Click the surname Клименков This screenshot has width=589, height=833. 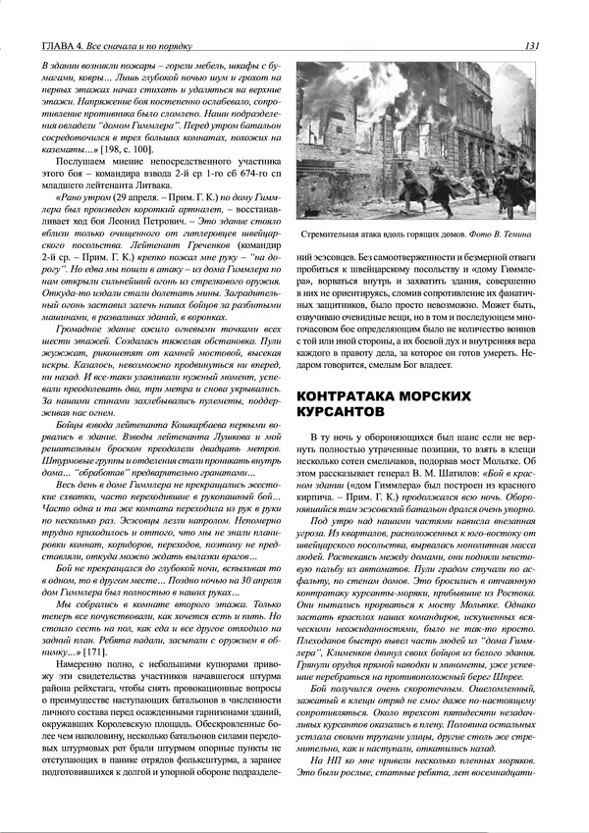tap(385, 661)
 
